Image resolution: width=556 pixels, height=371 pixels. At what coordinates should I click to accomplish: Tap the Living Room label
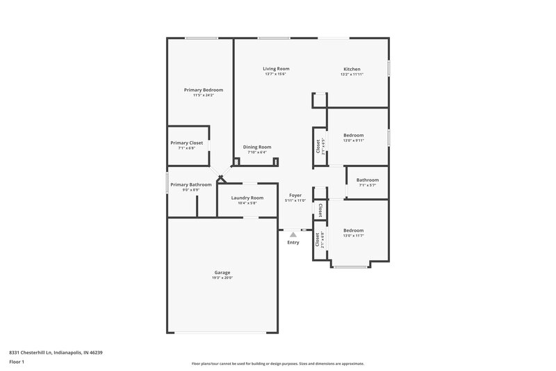tap(276, 69)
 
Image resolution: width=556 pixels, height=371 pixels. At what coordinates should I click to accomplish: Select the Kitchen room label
tap(352, 69)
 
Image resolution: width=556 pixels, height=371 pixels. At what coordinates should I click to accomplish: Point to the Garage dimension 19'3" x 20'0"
tap(222, 278)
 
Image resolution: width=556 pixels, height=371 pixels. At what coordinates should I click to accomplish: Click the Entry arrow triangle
tap(293, 235)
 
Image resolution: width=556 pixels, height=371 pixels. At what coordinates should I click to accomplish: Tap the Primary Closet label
tap(186, 143)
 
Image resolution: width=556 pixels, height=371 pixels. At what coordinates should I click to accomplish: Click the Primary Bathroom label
tap(190, 184)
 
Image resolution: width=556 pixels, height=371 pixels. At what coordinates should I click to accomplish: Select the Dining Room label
tap(256, 147)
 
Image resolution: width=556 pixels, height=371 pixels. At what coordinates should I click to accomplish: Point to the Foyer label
tap(295, 196)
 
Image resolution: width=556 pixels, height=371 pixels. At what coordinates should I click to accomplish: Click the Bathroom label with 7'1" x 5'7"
tap(368, 180)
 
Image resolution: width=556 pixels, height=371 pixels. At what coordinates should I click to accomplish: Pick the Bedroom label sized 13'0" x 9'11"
tap(353, 134)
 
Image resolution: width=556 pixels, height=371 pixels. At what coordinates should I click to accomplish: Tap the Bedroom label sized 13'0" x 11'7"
tap(353, 230)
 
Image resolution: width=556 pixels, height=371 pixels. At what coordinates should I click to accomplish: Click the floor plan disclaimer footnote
tap(278, 363)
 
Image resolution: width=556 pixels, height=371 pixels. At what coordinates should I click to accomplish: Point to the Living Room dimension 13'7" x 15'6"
tap(276, 74)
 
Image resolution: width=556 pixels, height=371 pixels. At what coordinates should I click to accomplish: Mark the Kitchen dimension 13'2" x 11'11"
tap(352, 74)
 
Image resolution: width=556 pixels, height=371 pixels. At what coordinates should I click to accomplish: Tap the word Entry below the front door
tap(293, 242)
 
